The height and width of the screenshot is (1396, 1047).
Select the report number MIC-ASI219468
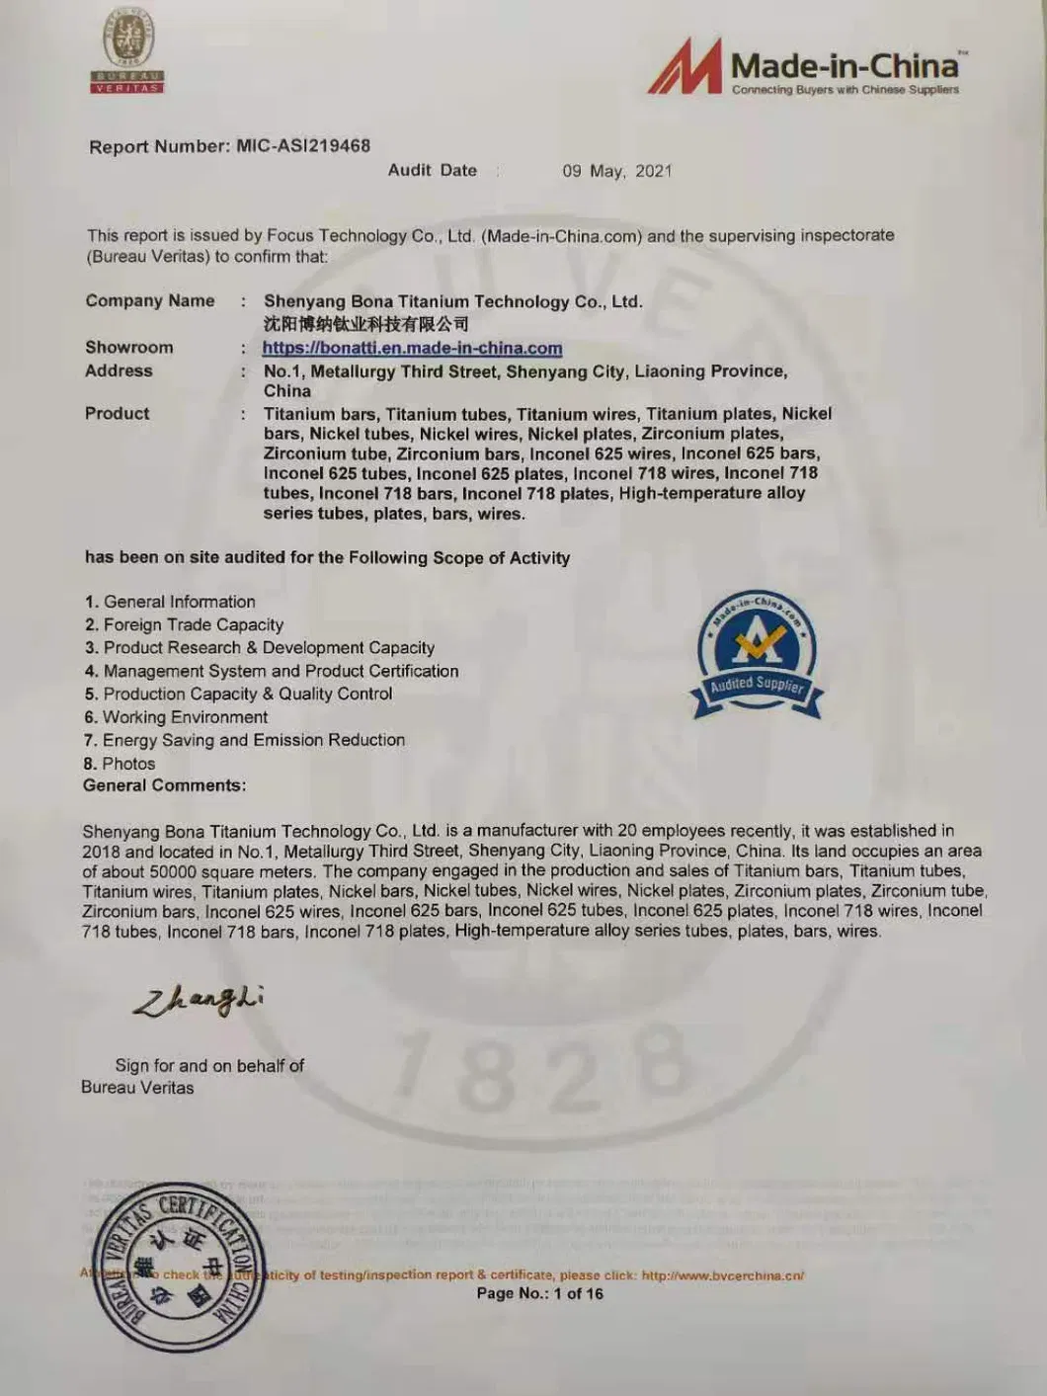point(303,146)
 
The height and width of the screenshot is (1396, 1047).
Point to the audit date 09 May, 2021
point(616,171)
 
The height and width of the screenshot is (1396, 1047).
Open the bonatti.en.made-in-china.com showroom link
point(412,348)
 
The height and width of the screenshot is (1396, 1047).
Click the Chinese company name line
point(365,324)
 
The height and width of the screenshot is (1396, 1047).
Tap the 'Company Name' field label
point(150,300)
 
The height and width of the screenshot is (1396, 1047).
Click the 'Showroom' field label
point(129,347)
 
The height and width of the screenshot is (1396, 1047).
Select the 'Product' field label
point(118,413)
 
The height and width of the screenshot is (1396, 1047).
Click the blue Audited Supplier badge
point(758,656)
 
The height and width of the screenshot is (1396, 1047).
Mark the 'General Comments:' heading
point(165,785)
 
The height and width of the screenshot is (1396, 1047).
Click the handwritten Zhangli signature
point(199,1001)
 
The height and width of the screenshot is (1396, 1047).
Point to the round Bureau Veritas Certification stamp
point(179,1267)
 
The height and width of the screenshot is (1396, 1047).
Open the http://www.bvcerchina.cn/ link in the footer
point(723,1275)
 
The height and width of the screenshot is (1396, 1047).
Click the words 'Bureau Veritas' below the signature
point(137,1088)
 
